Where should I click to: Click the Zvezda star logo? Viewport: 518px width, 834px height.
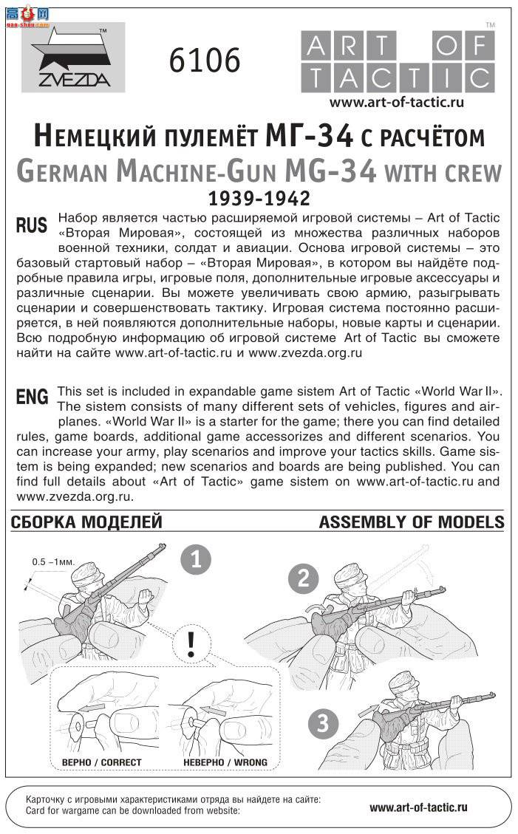coord(72,58)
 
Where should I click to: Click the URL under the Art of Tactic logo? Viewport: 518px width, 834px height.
coord(396,103)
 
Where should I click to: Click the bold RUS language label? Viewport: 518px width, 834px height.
coord(32,226)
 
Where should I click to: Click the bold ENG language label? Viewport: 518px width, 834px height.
coord(33,397)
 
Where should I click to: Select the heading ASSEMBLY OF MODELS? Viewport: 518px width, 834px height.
coord(412,522)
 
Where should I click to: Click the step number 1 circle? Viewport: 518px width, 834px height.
coord(196,559)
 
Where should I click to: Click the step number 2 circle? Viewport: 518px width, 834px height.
coord(303,578)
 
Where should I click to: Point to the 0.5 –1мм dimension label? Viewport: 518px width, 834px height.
coord(51,561)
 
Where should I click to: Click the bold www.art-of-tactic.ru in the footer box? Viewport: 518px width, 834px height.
coord(418,808)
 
